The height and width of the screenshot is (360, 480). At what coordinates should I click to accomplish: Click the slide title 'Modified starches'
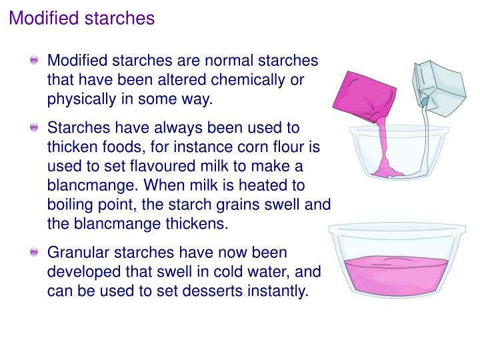coord(81,18)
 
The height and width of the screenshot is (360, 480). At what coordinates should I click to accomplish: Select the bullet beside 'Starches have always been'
coord(35,127)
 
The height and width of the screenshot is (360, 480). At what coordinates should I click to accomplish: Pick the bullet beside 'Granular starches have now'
coord(35,253)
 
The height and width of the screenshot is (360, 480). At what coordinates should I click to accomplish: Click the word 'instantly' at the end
coord(275,291)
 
